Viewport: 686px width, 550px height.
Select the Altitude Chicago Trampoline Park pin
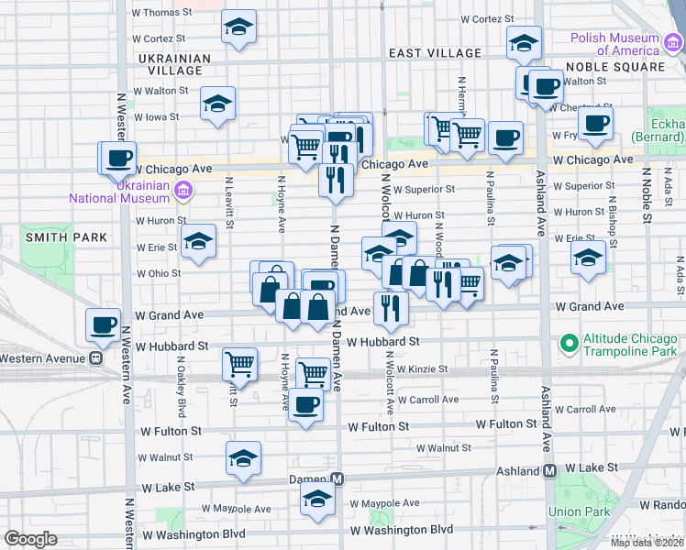[x=569, y=345]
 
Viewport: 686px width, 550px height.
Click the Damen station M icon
[x=337, y=479]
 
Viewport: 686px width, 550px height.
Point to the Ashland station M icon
[x=550, y=470]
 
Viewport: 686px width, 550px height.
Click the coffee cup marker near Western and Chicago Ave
[x=119, y=158]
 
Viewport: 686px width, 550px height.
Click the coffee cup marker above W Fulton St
[x=306, y=403]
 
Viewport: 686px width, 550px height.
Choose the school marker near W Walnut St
[x=243, y=457]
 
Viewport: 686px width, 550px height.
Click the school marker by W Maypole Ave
[x=317, y=500]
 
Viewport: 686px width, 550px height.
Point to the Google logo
[x=30, y=539]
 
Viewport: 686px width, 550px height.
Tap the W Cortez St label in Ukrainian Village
[x=166, y=38]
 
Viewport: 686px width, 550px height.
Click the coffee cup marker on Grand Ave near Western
[x=103, y=324]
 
